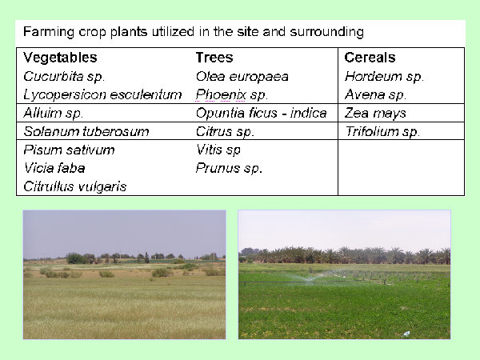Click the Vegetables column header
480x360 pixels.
click(60, 58)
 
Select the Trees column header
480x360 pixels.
click(214, 58)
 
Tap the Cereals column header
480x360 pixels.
click(370, 58)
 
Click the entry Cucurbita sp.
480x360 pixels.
click(64, 77)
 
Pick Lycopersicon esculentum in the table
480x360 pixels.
click(102, 95)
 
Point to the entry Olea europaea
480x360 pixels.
click(242, 77)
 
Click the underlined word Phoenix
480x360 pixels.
click(221, 95)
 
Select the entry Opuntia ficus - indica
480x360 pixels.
click(261, 114)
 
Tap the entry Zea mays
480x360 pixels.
click(375, 114)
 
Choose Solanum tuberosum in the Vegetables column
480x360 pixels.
click(86, 132)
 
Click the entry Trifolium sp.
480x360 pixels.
click(382, 132)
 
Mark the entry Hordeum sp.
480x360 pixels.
click(384, 77)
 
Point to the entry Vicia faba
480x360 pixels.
click(54, 168)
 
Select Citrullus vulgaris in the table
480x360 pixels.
click(75, 186)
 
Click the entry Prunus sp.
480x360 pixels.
click(229, 168)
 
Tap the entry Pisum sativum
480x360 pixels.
click(69, 150)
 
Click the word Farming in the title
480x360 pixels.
click(49, 32)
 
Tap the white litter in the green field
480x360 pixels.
click(406, 334)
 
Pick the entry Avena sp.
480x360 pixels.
click(375, 95)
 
